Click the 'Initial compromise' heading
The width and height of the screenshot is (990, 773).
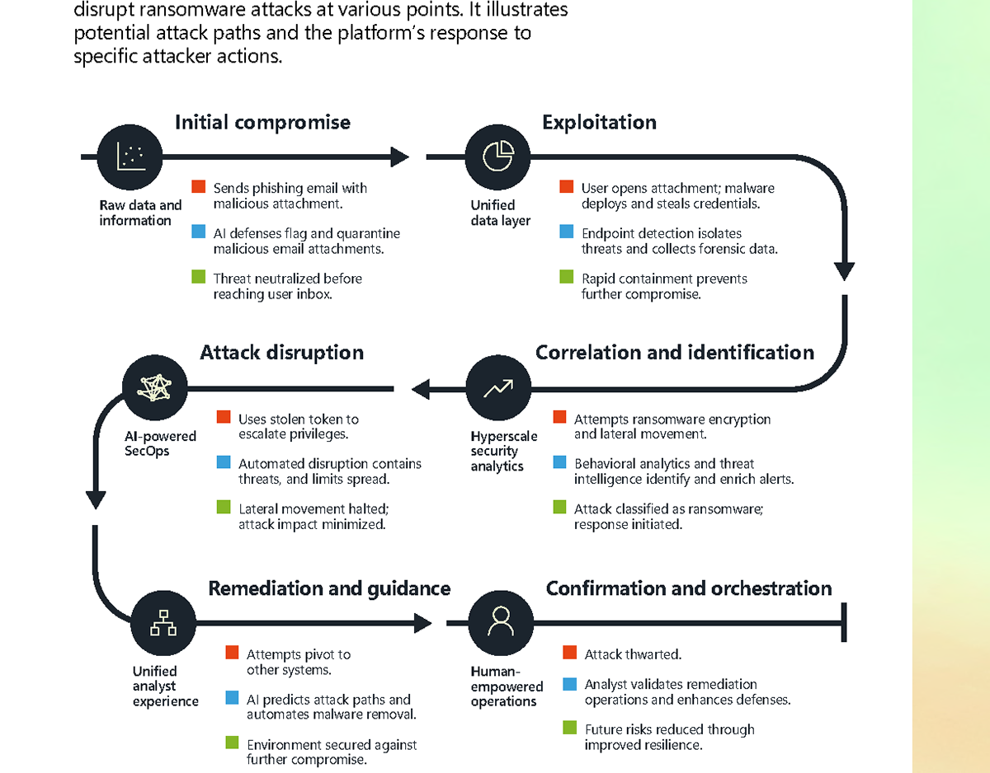[262, 123]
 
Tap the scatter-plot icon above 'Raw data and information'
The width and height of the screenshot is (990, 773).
[130, 157]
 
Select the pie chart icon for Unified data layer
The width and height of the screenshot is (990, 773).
[498, 157]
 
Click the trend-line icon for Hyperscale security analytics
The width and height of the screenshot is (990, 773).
[498, 387]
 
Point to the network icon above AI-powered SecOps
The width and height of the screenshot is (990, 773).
[155, 387]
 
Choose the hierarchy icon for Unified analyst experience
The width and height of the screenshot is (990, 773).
[163, 623]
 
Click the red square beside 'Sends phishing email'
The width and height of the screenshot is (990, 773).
[198, 186]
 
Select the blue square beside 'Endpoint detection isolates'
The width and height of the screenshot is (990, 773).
[566, 231]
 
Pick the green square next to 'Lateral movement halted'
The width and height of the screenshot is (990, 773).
[224, 507]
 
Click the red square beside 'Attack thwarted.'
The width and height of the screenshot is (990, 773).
[569, 652]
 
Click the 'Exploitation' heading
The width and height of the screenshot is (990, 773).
[599, 123]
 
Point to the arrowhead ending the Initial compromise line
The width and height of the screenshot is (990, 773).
[400, 157]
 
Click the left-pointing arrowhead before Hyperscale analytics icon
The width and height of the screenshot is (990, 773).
[421, 389]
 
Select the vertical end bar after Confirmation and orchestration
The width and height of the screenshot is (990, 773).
[844, 622]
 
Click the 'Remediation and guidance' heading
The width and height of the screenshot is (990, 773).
[329, 588]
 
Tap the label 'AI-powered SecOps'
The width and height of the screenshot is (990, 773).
[160, 443]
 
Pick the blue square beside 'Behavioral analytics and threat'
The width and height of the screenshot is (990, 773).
[559, 461]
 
